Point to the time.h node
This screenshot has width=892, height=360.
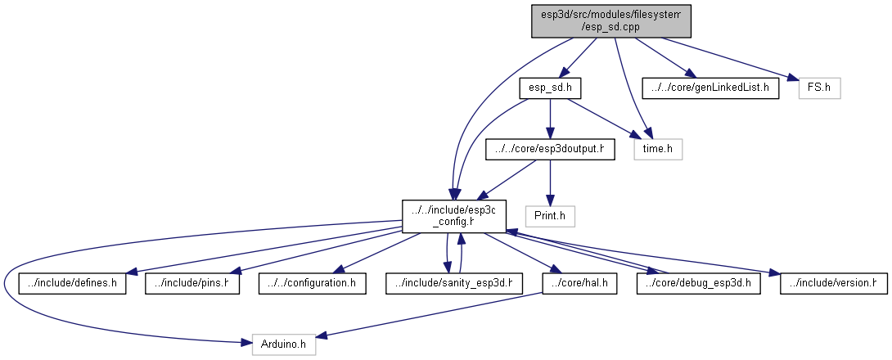point(657,150)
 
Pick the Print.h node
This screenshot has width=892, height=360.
point(550,216)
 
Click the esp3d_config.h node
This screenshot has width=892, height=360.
point(454,216)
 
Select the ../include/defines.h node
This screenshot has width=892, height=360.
point(73,283)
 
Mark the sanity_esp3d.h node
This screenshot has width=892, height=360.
point(454,283)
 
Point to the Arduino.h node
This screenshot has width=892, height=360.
point(283,344)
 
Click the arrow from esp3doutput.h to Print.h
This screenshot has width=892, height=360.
point(550,182)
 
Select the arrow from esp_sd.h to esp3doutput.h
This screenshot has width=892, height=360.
point(550,118)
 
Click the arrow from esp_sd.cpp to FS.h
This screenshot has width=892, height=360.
point(728,57)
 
